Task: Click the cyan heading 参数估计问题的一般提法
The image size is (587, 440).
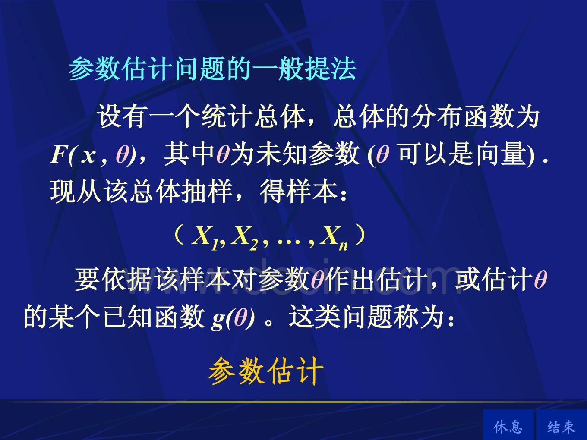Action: pyautogui.click(x=213, y=69)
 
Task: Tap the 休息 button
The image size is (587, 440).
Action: pyautogui.click(x=508, y=427)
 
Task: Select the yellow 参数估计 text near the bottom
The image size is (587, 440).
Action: pyautogui.click(x=266, y=371)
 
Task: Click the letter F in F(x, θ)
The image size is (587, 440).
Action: pyautogui.click(x=59, y=154)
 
